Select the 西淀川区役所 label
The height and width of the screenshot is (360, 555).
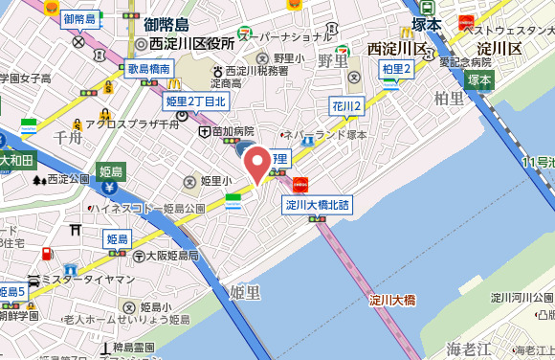[x=190, y=44]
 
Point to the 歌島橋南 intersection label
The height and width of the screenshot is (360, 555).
[x=148, y=70]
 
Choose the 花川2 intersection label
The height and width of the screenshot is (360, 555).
[x=346, y=105]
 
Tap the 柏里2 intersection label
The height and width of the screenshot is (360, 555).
[x=396, y=69]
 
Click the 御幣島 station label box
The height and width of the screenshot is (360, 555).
[x=80, y=19]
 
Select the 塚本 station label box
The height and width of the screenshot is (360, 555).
[x=479, y=80]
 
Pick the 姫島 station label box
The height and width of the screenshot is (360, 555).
[x=111, y=171]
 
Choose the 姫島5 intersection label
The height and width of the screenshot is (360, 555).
[x=12, y=291]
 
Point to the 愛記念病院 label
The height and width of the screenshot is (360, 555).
[x=471, y=61]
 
